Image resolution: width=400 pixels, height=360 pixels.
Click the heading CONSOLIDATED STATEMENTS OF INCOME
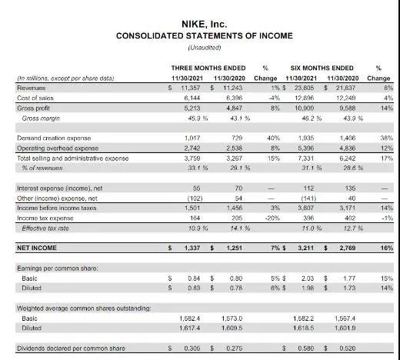coord(199,36)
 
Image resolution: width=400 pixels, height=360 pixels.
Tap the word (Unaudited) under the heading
coord(199,48)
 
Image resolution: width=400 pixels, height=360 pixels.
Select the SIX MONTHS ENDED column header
coord(322,68)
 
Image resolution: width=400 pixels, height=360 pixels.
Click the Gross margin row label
coord(40,118)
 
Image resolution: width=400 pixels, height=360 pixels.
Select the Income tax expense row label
coord(45,217)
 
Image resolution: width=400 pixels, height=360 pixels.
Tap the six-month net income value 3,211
coord(308,248)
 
